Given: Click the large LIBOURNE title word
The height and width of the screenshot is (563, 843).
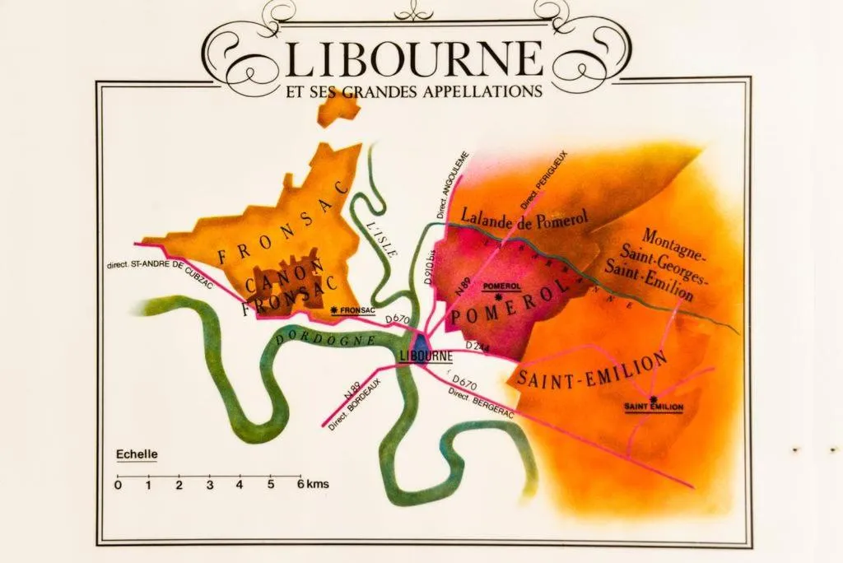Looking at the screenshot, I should pyautogui.click(x=415, y=58).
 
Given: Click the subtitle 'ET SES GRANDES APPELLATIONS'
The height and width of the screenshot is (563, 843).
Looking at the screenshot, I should pyautogui.click(x=414, y=91).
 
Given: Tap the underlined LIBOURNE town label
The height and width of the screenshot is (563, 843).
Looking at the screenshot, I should pyautogui.click(x=426, y=356).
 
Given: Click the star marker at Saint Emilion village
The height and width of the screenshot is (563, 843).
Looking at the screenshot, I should pyautogui.click(x=654, y=399).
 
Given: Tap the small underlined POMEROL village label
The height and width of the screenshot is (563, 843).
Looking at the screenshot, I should pyautogui.click(x=499, y=285).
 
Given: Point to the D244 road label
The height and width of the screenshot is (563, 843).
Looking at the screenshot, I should pyautogui.click(x=477, y=347).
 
